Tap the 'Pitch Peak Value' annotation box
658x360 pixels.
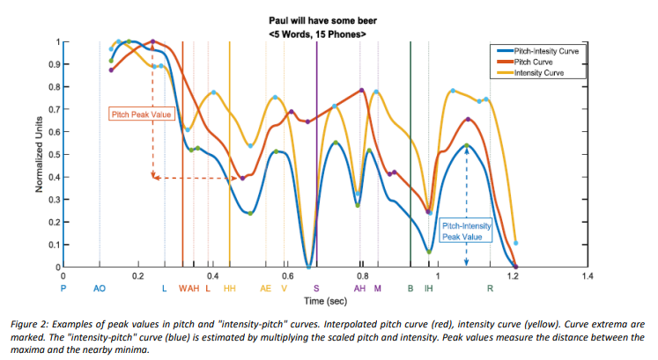[142, 114]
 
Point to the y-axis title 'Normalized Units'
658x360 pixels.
[40, 155]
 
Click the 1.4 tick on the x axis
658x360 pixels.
[588, 276]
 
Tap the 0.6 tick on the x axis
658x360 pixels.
[287, 276]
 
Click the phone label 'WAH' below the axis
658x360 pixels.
[189, 288]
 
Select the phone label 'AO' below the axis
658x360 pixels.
[100, 288]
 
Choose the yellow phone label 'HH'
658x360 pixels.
[230, 288]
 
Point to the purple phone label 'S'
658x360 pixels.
[316, 288]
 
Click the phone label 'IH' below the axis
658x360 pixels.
[428, 288]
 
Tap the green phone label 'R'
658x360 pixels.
[490, 288]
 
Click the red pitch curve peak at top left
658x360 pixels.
[153, 41]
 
